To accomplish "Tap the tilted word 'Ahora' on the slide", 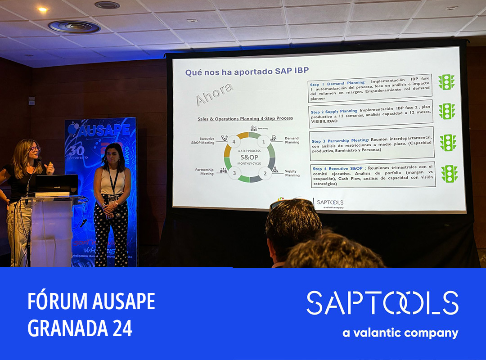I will pyautogui.click(x=214, y=94).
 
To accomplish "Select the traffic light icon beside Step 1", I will pyautogui.click(x=446, y=82).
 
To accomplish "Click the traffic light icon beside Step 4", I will pyautogui.click(x=449, y=174).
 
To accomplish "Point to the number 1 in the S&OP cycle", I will pyautogui.click(x=264, y=142).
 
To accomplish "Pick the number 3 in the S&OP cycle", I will pyautogui.click(x=234, y=172).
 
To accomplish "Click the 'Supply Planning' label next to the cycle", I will pyautogui.click(x=292, y=173).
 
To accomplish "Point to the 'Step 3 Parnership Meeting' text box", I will pyautogui.click(x=371, y=144).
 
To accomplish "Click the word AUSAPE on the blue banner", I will pyautogui.click(x=103, y=130).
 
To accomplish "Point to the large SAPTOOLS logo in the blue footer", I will pyautogui.click(x=382, y=303).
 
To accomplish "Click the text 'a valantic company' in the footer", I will pyautogui.click(x=400, y=333).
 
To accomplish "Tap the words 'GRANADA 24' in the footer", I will pyautogui.click(x=80, y=328).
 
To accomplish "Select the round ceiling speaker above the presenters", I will pyautogui.click(x=74, y=27).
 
